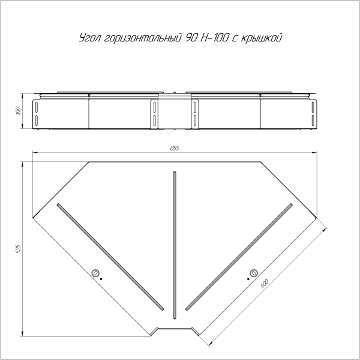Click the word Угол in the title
pos(90,38)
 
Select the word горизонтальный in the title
pos(142,38)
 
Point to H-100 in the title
pos(214,38)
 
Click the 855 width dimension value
pos(175,148)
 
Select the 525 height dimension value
pos(19,249)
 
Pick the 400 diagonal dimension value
pos(265,284)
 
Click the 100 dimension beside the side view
pos(19,111)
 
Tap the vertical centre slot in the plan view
pos(175,245)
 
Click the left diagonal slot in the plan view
pos(110,257)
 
